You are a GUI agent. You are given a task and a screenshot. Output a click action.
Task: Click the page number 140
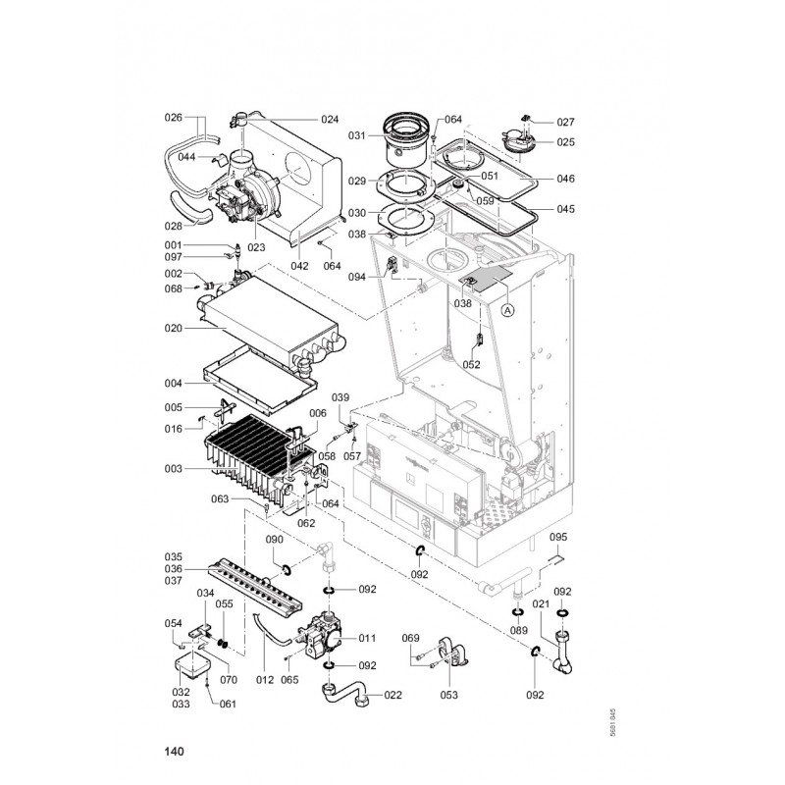pyautogui.click(x=175, y=753)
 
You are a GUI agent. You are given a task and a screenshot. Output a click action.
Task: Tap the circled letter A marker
pyautogui.click(x=507, y=310)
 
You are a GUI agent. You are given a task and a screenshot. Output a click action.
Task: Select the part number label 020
pyautogui.click(x=174, y=328)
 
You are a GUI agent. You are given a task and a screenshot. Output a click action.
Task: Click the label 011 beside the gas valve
pyautogui.click(x=367, y=638)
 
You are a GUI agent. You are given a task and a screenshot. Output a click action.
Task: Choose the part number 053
pyautogui.click(x=449, y=695)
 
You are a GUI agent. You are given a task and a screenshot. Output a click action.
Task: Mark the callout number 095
pyautogui.click(x=558, y=537)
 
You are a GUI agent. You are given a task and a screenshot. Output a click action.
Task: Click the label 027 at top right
pyautogui.click(x=565, y=123)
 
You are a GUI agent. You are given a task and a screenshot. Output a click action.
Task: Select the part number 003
pyautogui.click(x=174, y=469)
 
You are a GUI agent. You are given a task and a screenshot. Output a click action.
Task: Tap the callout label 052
pyautogui.click(x=471, y=364)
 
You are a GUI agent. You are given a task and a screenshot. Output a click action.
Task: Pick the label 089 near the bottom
pyautogui.click(x=517, y=630)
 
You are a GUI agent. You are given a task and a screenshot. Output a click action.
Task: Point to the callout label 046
pyautogui.click(x=565, y=179)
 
